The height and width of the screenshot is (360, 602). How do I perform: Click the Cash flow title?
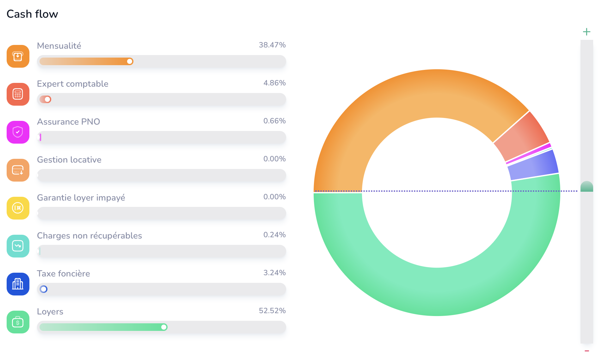pos(32,14)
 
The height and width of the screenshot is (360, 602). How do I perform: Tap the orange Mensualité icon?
pos(18,56)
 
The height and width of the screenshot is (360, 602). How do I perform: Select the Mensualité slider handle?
pos(130,61)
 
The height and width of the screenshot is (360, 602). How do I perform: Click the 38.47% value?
pos(272,45)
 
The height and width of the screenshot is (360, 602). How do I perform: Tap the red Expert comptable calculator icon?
pos(18,94)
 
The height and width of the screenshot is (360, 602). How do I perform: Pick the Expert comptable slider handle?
pos(47,99)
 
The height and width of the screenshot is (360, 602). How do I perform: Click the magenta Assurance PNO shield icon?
pos(18,132)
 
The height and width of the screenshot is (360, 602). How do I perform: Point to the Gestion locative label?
pos(69,159)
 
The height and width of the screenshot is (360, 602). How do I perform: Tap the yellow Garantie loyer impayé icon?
pos(18,208)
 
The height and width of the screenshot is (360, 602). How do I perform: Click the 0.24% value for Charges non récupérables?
pos(274,235)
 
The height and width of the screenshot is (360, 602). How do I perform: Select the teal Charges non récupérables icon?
pos(18,246)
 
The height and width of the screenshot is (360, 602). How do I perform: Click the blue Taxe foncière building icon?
pos(18,284)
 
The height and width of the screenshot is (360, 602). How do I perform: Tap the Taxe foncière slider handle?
pos(44,289)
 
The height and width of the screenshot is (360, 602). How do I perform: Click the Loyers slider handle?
pos(164,327)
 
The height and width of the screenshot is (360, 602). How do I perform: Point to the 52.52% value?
pos(272,311)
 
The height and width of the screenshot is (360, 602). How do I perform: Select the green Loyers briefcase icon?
pos(18,322)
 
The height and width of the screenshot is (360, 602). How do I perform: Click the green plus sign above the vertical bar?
pos(587,32)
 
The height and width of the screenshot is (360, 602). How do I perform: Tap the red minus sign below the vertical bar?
pos(587,351)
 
